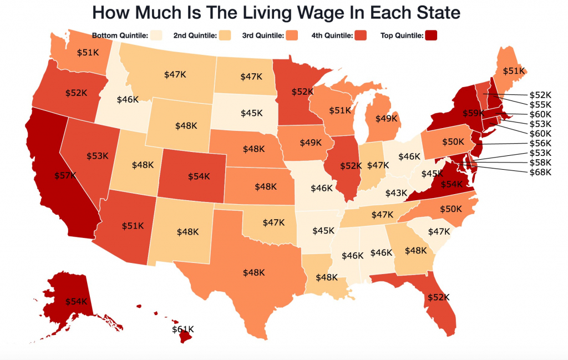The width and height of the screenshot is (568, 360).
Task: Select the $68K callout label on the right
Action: pos(540,172)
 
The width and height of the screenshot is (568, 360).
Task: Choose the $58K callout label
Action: pos(540,163)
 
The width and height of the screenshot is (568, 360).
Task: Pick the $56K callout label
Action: pos(540,143)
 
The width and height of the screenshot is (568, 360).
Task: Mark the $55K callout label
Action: pos(540,104)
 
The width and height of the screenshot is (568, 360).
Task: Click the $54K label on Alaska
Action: pos(76,301)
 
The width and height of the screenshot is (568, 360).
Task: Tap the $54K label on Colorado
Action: pos(199,176)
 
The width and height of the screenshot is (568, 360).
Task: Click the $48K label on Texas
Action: pos(253,272)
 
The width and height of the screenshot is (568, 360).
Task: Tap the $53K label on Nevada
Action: pos(97,156)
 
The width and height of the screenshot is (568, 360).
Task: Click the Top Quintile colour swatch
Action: pos(432,36)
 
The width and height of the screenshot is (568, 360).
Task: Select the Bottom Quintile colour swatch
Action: pos(156,36)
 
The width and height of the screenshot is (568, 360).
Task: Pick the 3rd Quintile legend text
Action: pos(262,36)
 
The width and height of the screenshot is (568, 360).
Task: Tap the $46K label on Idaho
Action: pos(128,100)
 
